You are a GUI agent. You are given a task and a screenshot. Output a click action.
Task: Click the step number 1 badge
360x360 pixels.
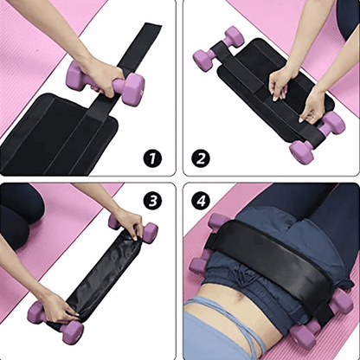[x=153, y=157]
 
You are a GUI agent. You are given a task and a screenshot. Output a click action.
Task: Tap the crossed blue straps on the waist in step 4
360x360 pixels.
[x=216, y=320]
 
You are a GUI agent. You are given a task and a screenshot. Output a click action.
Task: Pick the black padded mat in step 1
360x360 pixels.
[x=52, y=130]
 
